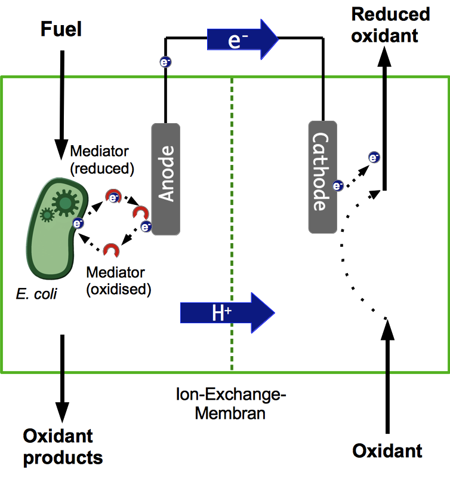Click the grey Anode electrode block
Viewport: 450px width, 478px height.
[x=166, y=179]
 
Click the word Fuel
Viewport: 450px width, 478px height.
[x=60, y=28]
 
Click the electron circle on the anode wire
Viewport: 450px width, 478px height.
[x=165, y=62]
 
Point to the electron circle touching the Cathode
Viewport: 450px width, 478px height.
[x=337, y=186]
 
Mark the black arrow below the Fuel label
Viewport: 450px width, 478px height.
[x=61, y=102]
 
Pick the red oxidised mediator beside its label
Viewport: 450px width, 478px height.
[x=110, y=250]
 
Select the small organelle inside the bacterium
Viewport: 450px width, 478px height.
[x=46, y=214]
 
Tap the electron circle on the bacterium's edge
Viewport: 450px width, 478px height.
[x=78, y=223]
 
